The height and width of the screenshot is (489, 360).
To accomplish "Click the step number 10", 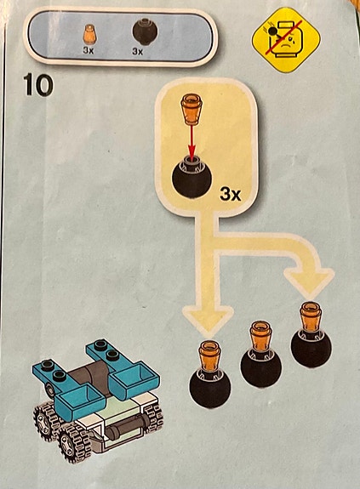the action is coord(37,85).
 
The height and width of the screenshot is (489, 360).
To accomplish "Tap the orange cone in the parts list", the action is coord(89,35).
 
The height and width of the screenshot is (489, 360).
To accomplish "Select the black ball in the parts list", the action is coord(145,31).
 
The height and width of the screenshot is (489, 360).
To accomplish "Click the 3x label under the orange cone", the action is coord(89,50).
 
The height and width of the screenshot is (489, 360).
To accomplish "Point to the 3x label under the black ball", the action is coord(137,52).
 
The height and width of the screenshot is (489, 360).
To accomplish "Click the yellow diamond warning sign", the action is coord(286,40).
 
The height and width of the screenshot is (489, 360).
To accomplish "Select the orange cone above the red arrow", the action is coord(191,111).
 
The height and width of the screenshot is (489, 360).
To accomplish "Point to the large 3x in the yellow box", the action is coord(231,195).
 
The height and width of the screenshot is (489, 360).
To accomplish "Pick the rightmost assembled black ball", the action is coord(311,347).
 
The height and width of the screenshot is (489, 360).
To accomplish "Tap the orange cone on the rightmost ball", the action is coord(311,316).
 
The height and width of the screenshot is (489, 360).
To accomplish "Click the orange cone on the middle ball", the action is coord(260,336).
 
